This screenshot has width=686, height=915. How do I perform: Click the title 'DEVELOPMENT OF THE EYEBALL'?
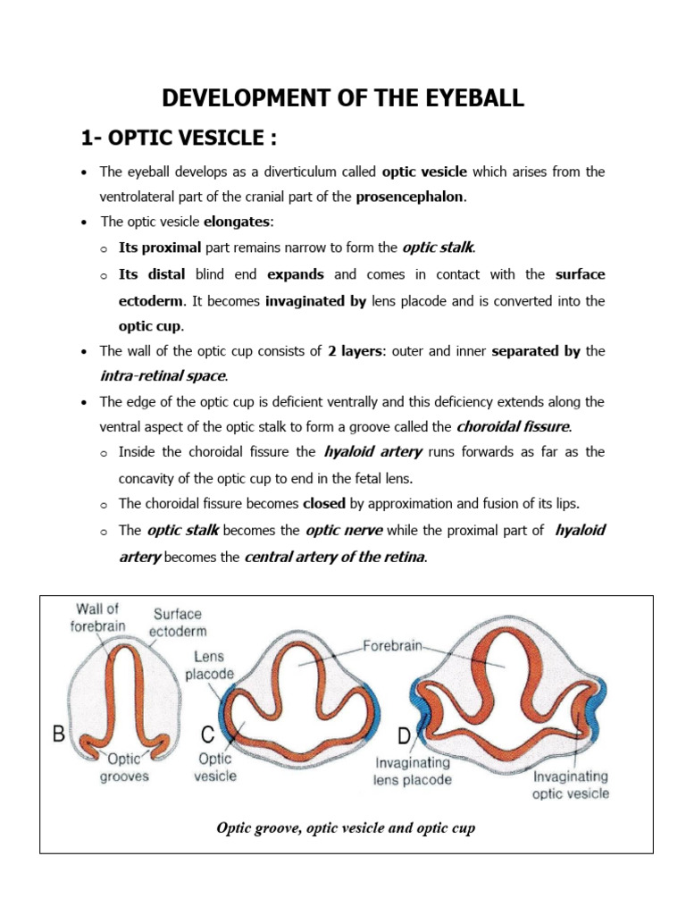point(343,97)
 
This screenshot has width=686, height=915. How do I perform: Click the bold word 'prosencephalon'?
point(411,197)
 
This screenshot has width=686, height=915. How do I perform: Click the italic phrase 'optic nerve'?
point(344,531)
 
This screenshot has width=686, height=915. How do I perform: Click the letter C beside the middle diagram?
point(207,736)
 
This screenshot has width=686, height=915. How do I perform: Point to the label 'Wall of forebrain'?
point(98,617)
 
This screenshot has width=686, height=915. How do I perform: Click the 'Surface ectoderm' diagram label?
point(178,623)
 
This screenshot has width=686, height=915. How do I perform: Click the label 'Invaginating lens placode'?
point(413,771)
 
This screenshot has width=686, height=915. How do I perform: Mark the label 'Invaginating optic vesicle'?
point(570,785)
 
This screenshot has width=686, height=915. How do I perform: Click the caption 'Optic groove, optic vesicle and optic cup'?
point(346,827)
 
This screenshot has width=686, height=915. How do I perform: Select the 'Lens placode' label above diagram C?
point(210,665)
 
